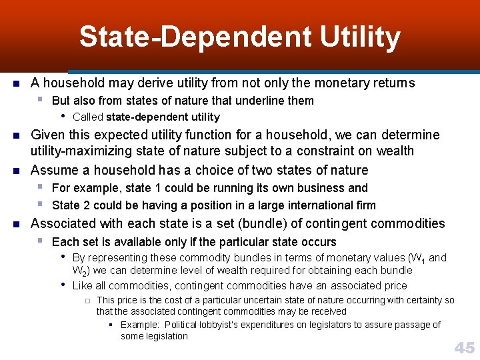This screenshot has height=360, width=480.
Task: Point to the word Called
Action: [x=87, y=117]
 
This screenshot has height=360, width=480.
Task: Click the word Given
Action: [x=47, y=135]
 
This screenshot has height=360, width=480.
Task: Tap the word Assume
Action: [x=52, y=170]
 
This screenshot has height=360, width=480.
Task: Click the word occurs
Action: [x=319, y=241]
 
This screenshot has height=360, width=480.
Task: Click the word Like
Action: [x=82, y=285]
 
